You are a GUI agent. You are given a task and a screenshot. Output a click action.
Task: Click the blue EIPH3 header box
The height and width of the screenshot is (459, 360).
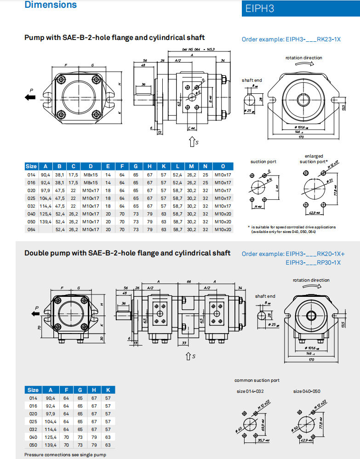[301, 8]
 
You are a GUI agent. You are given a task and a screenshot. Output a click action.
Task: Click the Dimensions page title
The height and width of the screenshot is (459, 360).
[51, 5]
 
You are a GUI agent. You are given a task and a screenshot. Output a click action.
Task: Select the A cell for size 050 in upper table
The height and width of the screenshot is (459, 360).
[46, 221]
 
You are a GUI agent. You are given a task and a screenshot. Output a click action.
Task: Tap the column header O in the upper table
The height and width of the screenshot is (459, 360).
[223, 166]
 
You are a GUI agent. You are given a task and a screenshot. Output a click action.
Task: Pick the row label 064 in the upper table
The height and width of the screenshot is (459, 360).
[31, 229]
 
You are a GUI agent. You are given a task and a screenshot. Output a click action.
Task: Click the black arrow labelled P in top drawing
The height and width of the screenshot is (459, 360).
[31, 96]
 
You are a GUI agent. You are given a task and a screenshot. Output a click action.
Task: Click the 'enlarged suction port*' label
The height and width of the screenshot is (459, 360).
[314, 159]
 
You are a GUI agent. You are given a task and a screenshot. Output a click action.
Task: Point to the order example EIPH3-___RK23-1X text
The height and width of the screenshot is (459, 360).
[291, 39]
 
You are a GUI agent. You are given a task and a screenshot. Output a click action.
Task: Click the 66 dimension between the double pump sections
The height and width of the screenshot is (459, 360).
[189, 281]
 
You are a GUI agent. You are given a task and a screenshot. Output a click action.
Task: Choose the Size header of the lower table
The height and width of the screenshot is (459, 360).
[33, 390]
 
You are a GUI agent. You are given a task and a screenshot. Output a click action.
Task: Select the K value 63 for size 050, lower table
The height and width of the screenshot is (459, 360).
[108, 445]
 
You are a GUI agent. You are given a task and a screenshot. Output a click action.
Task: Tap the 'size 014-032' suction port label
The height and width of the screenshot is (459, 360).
[250, 391]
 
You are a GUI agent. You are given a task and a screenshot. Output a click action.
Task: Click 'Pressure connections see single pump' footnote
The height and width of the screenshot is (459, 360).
[65, 454]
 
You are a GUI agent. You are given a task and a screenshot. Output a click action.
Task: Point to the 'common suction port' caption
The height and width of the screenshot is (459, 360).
[257, 380]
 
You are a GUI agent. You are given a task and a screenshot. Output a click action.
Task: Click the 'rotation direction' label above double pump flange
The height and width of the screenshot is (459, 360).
[311, 280]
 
